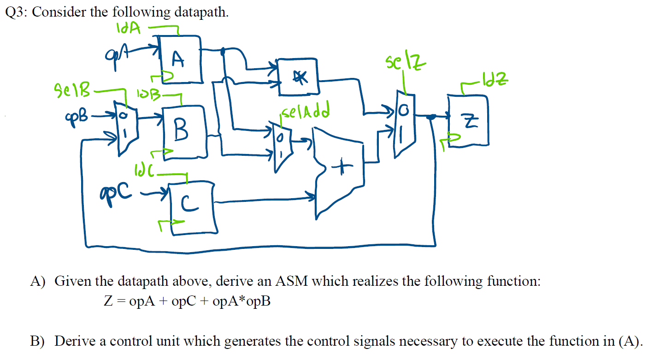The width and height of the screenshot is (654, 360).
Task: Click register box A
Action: [x=180, y=60]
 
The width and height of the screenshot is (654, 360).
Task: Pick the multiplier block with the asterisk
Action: [x=299, y=77]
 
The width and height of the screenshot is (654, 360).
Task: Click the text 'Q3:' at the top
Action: [x=17, y=12]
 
